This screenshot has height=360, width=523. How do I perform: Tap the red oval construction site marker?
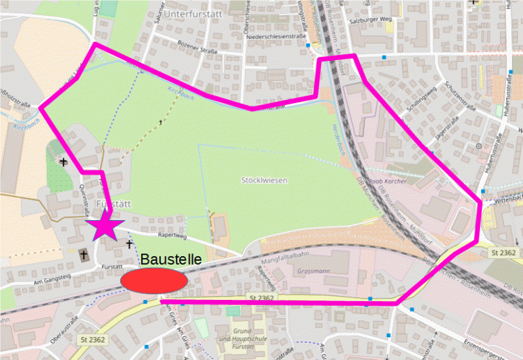(x=154, y=280)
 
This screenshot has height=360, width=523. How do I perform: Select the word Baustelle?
(x=171, y=259)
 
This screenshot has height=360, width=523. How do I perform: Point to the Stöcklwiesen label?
(x=264, y=180)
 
